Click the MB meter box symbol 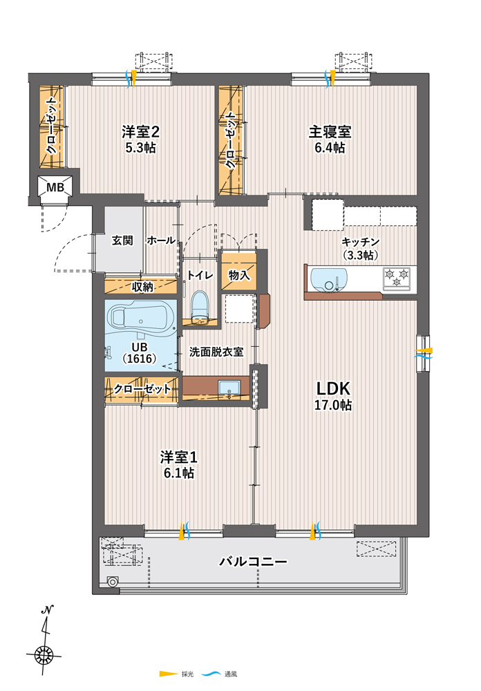55,187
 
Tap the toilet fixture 200,305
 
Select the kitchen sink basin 329,279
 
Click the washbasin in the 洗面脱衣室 229,388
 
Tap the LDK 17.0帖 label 333,396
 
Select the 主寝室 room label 330,132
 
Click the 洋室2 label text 141,132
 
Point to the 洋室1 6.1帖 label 178,465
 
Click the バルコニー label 253,561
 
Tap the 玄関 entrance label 122,240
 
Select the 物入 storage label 239,276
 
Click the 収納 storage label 142,287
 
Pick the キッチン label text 360,242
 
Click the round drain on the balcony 113,582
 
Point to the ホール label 161,240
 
